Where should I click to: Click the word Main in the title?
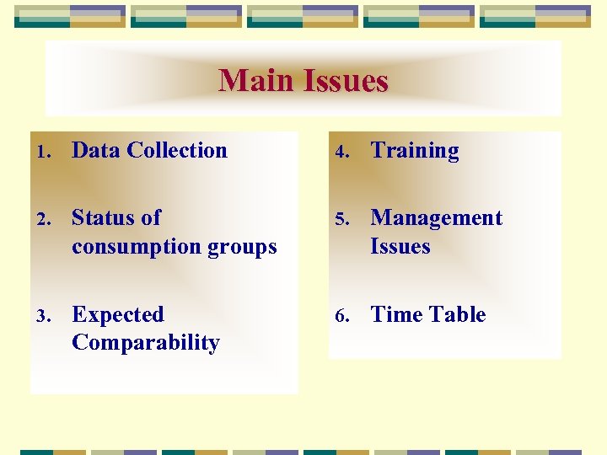tap(254, 82)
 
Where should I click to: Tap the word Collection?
tap(177, 151)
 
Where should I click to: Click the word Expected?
tap(118, 315)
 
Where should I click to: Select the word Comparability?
tap(146, 343)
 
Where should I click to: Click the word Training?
tap(415, 152)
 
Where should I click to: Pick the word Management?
tap(436, 218)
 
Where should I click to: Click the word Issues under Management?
tap(400, 247)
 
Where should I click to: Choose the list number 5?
tap(341, 220)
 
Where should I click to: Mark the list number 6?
tap(341, 317)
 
